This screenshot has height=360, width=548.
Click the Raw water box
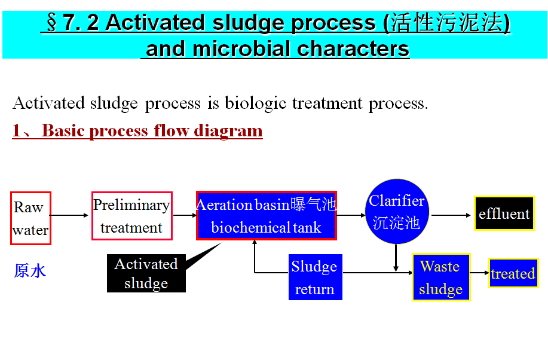click(x=30, y=218)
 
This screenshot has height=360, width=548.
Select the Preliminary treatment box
click(x=131, y=216)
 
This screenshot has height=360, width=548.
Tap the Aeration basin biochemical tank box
click(x=266, y=216)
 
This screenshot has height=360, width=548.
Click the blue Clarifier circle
click(x=397, y=212)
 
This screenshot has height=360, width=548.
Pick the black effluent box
click(x=504, y=213)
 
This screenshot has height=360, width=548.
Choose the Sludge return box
click(x=314, y=277)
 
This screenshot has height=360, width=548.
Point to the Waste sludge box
click(x=440, y=277)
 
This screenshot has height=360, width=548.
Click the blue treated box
click(x=513, y=273)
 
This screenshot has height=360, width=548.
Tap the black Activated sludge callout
click(x=146, y=274)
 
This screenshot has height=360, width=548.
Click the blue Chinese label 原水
click(x=30, y=271)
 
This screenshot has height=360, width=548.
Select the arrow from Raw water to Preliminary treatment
click(x=71, y=215)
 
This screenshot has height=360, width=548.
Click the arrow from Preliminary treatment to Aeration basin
click(x=184, y=215)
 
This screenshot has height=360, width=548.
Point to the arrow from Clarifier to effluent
click(x=451, y=215)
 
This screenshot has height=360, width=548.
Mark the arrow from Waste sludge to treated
click(x=479, y=273)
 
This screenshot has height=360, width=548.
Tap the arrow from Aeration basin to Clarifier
click(x=351, y=215)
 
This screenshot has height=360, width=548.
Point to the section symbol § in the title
click(x=52, y=23)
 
